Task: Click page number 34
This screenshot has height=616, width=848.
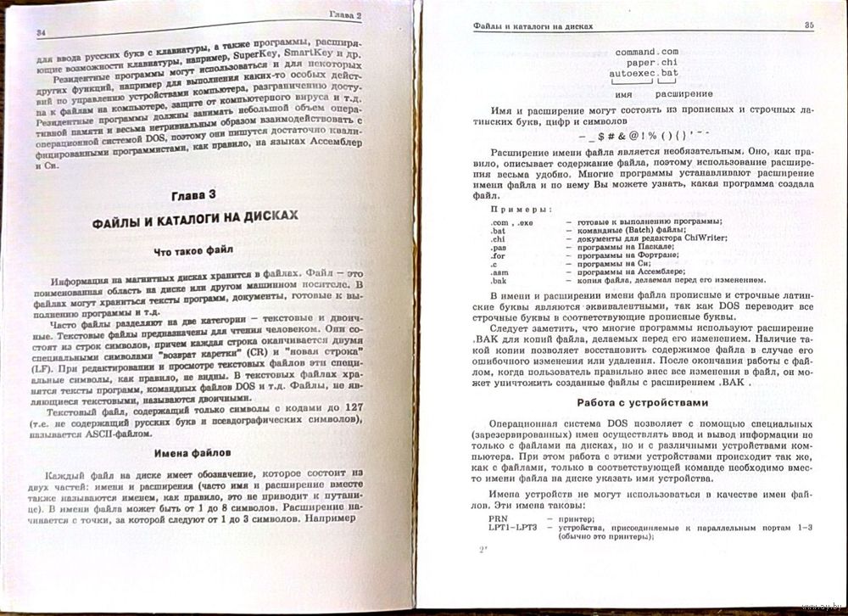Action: [41, 31]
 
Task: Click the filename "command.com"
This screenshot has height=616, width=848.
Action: [648, 53]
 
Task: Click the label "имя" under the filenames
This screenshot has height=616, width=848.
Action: [624, 94]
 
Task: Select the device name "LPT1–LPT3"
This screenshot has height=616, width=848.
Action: [512, 528]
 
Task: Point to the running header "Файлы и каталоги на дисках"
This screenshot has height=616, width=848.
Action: [533, 28]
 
